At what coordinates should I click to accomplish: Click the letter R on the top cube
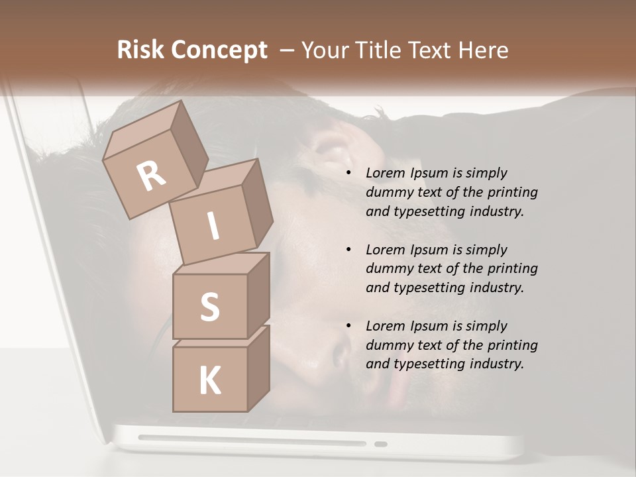151,177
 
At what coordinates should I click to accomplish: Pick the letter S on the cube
210,307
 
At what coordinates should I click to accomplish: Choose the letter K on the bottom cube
210,381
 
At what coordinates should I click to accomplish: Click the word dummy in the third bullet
387,345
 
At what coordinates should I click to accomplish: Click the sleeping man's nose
341,354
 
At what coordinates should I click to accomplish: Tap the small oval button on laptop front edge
380,444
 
